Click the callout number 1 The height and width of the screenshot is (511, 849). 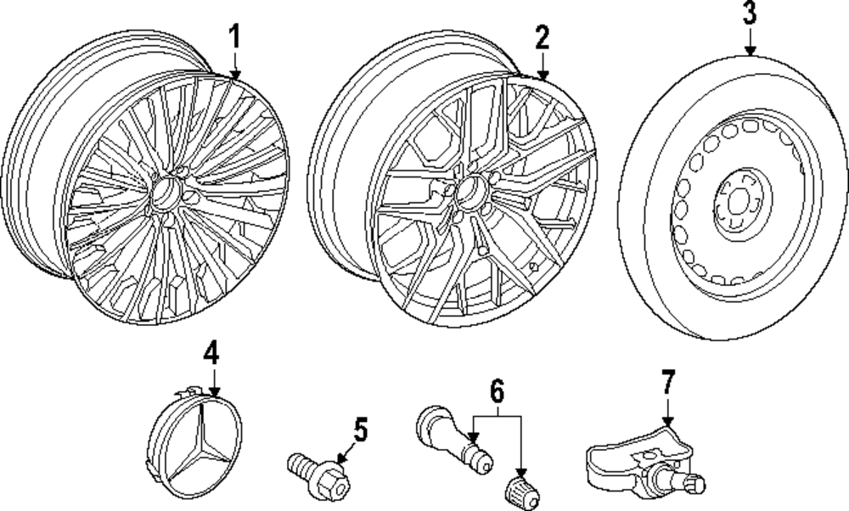(235, 36)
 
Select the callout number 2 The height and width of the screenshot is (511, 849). (543, 36)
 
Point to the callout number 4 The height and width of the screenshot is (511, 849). (211, 351)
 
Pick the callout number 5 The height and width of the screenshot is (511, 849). (362, 430)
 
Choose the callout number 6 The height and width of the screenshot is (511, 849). (497, 391)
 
